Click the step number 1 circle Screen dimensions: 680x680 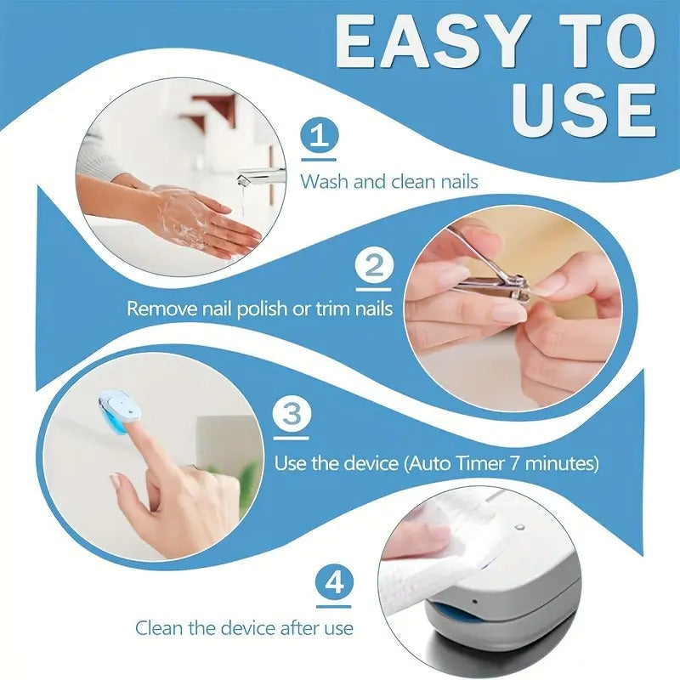click(319, 137)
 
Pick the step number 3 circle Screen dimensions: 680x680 click(291, 416)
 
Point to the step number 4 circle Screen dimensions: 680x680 click(333, 584)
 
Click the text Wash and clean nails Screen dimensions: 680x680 click(388, 181)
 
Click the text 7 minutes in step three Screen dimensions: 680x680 click(559, 464)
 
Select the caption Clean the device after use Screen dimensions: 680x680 click(244, 628)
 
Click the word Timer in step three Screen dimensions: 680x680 click(488, 464)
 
